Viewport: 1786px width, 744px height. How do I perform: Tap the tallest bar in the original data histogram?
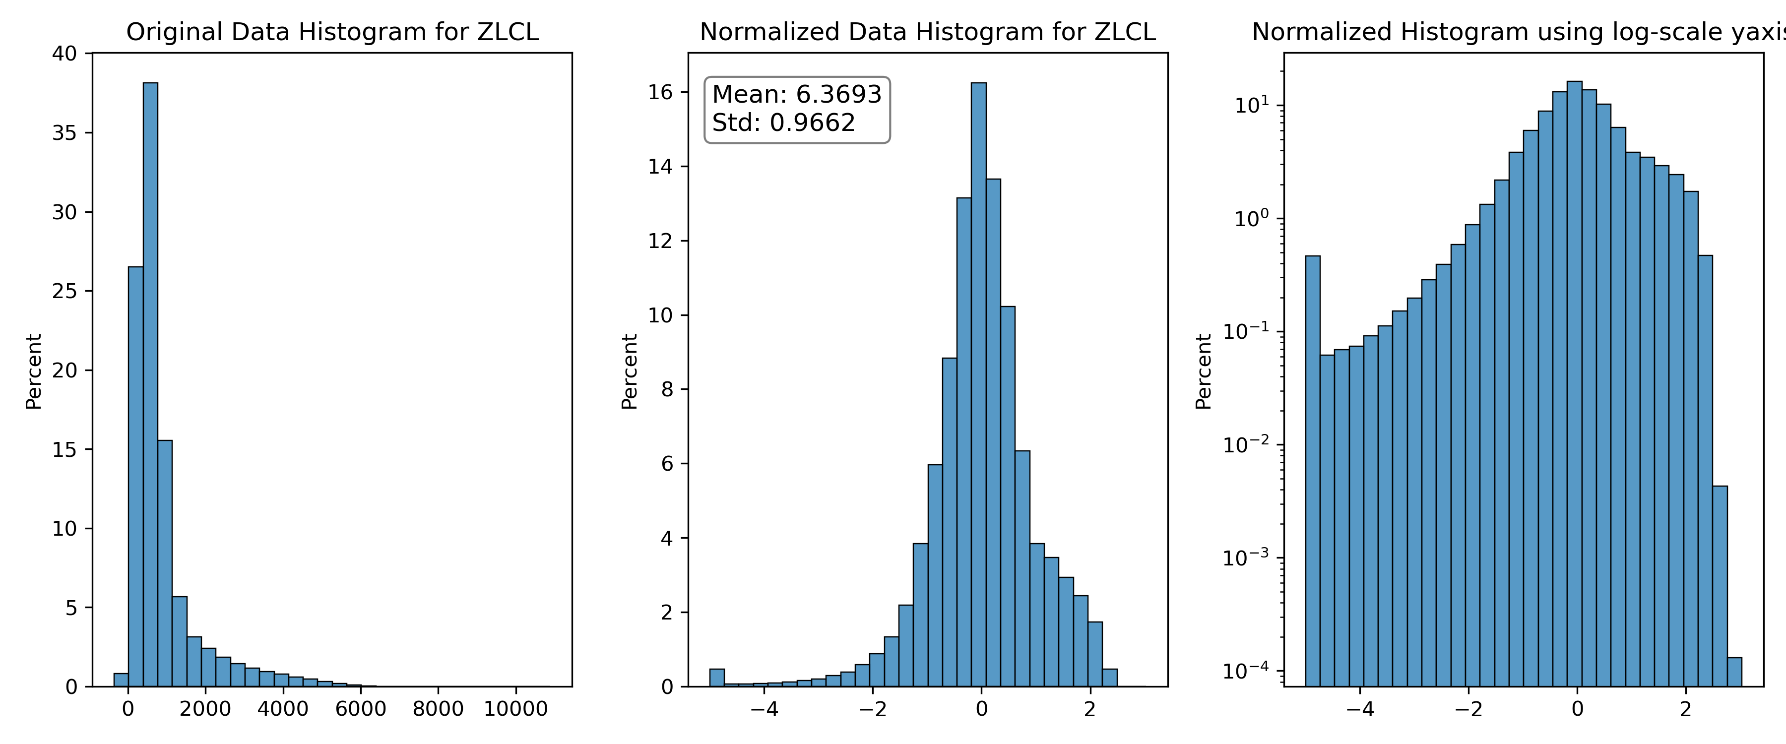[150, 385]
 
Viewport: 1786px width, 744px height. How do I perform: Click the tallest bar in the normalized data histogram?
[978, 385]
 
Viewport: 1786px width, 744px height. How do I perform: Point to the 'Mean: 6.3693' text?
[797, 94]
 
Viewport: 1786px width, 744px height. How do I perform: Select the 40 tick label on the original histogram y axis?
[64, 54]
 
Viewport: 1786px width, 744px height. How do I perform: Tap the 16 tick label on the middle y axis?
[661, 92]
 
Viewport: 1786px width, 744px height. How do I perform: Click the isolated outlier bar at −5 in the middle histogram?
[717, 678]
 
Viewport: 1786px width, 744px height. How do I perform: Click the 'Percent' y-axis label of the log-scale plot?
[1204, 372]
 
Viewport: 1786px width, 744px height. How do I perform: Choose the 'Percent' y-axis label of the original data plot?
[33, 372]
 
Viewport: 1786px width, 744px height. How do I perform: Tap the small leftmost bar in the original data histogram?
[121, 680]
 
